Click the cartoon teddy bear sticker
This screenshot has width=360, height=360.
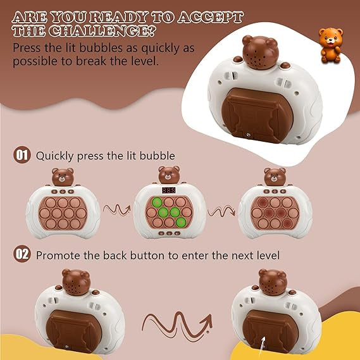click(x=331, y=45)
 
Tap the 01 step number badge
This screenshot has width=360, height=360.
click(x=22, y=155)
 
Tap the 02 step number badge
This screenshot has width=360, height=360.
click(x=22, y=254)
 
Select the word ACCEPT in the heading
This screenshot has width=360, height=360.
click(x=210, y=17)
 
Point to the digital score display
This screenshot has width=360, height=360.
click(x=169, y=190)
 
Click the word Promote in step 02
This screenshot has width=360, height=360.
click(x=58, y=256)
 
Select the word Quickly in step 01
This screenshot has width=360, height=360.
click(x=54, y=156)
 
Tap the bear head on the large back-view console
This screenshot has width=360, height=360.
click(x=261, y=52)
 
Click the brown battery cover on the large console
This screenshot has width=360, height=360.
click(x=257, y=115)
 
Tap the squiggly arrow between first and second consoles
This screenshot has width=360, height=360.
click(x=116, y=210)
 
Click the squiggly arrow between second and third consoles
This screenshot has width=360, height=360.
click(x=221, y=211)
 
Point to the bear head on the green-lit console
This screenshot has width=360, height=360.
click(x=169, y=175)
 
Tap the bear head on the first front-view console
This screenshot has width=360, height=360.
click(x=63, y=177)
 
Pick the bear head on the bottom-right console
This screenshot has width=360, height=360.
click(x=273, y=282)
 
